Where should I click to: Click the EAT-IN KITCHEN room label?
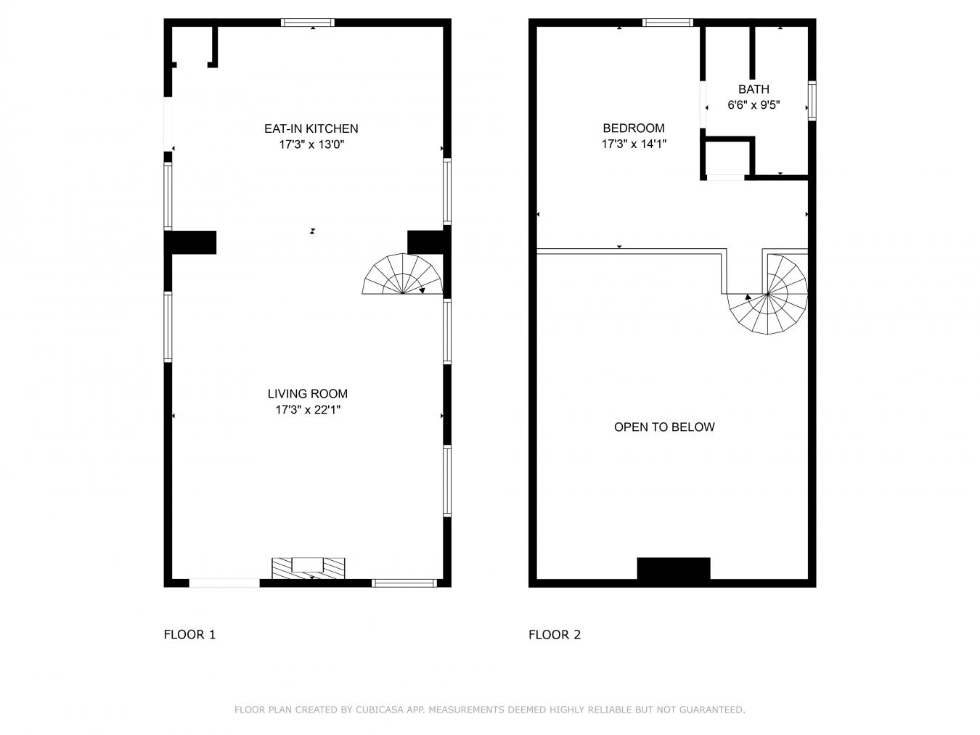pyautogui.click(x=311, y=128)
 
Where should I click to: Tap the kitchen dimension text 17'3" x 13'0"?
pyautogui.click(x=311, y=144)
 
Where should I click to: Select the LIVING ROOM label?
pyautogui.click(x=307, y=394)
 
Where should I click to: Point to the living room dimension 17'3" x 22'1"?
pyautogui.click(x=307, y=410)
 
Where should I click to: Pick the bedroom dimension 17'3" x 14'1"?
pyautogui.click(x=633, y=144)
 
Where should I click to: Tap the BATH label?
pyautogui.click(x=754, y=89)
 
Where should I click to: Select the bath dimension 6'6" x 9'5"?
pyautogui.click(x=754, y=105)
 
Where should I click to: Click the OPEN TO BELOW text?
pyautogui.click(x=664, y=427)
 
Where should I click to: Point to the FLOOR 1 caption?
pyautogui.click(x=189, y=635)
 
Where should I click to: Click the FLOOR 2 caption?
pyautogui.click(x=555, y=635)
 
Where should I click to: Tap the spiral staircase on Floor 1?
pyautogui.click(x=403, y=276)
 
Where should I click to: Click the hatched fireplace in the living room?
pyautogui.click(x=308, y=567)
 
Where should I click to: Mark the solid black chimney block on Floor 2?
pyautogui.click(x=673, y=569)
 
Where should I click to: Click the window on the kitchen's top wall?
pyautogui.click(x=308, y=22)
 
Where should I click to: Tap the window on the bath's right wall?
pyautogui.click(x=812, y=101)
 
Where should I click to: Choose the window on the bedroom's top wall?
pyautogui.click(x=668, y=22)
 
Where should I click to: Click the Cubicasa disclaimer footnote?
pyautogui.click(x=489, y=710)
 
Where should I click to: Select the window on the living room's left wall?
pyautogui.click(x=168, y=327)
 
